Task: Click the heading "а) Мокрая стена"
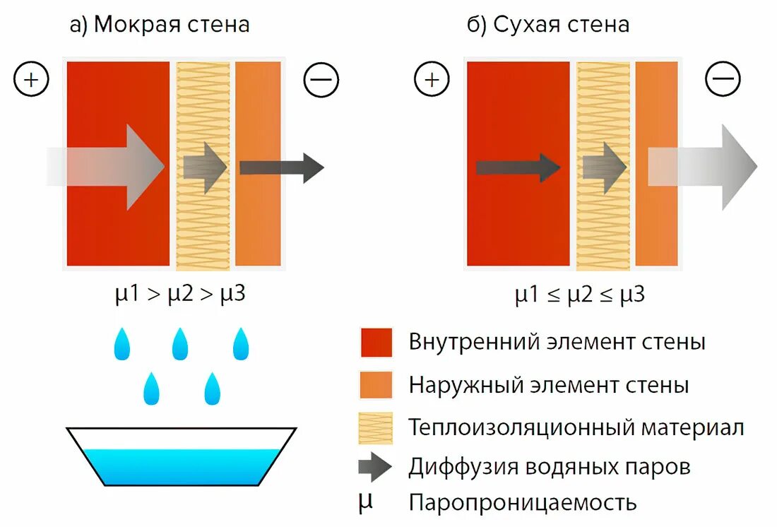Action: [160, 25]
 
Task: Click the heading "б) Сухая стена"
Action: [547, 25]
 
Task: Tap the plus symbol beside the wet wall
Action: [31, 79]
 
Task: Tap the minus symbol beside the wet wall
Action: [321, 79]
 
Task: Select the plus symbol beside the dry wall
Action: [431, 79]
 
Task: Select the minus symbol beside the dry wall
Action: [722, 79]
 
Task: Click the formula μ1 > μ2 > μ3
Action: [180, 294]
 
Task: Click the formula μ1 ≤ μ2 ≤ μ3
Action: [579, 294]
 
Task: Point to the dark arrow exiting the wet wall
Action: [281, 167]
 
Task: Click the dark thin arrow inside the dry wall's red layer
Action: [518, 167]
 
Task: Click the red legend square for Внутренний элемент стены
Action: [376, 343]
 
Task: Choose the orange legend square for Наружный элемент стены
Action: [376, 385]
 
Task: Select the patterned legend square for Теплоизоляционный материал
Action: [376, 427]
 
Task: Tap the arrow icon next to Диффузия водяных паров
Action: [376, 467]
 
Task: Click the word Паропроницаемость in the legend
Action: [523, 503]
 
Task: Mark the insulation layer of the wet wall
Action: [203, 226]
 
